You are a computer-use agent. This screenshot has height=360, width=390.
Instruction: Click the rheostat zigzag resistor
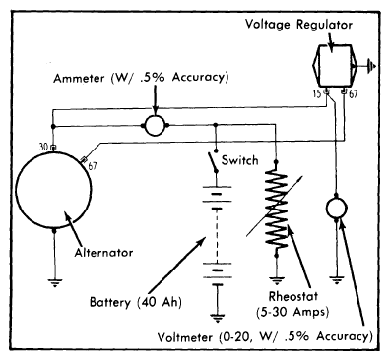coord(278,209)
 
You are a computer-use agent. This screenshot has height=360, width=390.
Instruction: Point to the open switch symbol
coord(213,161)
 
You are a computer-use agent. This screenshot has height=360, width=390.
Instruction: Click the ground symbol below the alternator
coord(54,283)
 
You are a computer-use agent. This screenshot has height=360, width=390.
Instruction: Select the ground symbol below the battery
coord(217,318)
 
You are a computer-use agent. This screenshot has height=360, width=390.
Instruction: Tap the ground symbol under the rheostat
coord(277,281)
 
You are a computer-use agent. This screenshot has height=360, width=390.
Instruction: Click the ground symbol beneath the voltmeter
coord(336,281)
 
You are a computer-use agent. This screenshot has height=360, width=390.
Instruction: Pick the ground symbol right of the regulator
coord(371,66)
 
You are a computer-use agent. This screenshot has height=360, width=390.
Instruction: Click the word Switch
coord(240,160)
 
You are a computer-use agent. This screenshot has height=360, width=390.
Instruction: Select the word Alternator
coord(103,253)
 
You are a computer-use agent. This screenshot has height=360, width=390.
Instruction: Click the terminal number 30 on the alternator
coord(43,147)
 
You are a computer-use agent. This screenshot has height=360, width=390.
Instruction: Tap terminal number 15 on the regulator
coord(317,94)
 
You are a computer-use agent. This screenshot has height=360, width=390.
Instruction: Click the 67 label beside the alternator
coord(93,166)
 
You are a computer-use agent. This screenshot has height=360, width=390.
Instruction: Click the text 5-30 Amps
coord(292,311)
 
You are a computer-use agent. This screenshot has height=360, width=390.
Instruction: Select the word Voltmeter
coord(184,337)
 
